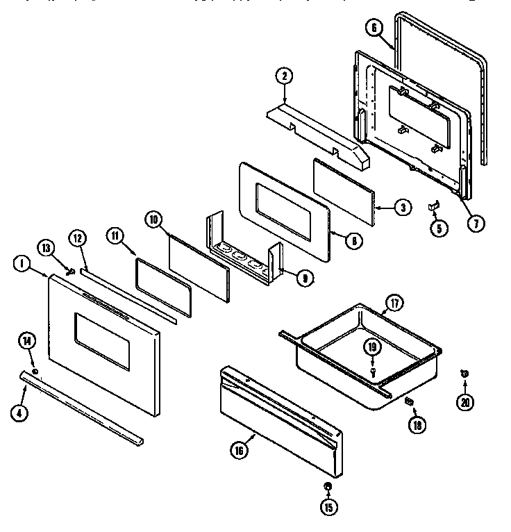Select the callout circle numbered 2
[283, 77]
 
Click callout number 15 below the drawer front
[328, 507]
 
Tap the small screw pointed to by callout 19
[372, 372]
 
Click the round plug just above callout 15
[328, 486]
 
